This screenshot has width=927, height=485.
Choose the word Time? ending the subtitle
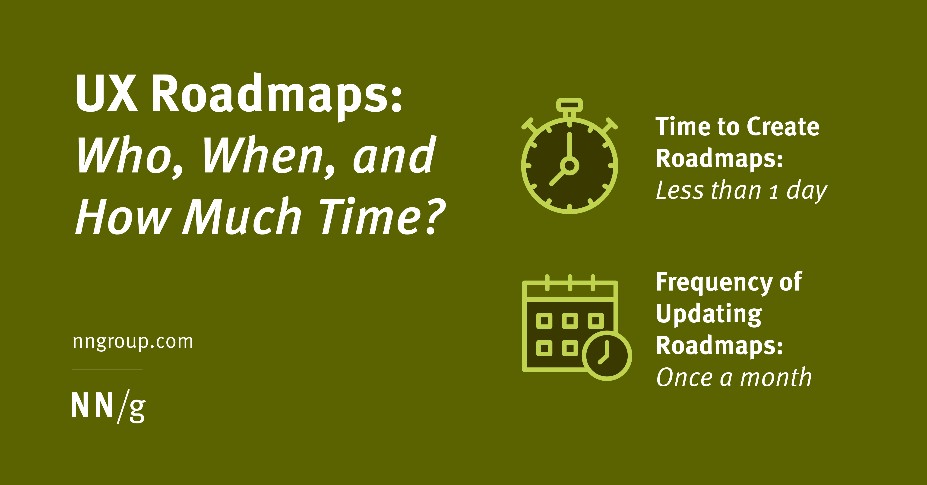pyautogui.click(x=382, y=217)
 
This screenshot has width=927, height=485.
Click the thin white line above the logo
pyautogui.click(x=107, y=369)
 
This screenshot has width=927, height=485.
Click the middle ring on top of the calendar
pyautogui.click(x=570, y=282)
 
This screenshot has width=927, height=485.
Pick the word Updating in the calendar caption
pyautogui.click(x=709, y=315)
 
